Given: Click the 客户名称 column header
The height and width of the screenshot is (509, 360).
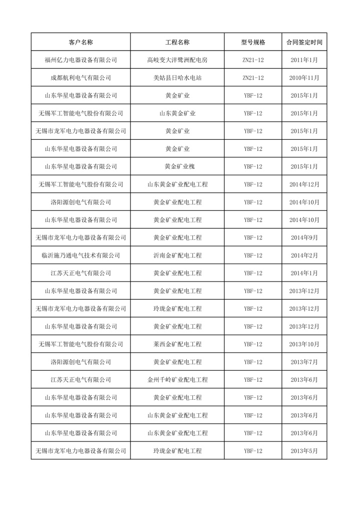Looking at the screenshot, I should [81, 42].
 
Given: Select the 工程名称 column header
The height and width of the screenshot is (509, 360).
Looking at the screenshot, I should [177, 42].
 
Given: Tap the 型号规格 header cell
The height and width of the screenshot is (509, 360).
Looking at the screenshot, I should [253, 42].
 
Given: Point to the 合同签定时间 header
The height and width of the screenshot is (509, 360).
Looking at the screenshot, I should [304, 42].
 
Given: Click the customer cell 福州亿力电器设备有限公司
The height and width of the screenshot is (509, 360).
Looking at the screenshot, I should [81, 60].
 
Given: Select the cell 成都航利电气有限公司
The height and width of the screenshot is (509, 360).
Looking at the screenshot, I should [81, 78].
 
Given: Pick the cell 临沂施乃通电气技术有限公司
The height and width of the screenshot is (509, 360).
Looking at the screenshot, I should [81, 256].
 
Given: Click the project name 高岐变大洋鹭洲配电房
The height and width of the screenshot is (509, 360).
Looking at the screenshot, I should [177, 60].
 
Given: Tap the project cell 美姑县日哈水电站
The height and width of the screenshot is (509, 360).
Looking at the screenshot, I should [177, 78].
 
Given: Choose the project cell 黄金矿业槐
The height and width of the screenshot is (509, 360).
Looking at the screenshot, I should [177, 166].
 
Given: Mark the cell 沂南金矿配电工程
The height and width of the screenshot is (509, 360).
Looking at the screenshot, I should [177, 256].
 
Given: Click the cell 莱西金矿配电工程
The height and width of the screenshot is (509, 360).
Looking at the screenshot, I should [177, 344].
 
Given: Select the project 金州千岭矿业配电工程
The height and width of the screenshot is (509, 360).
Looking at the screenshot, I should [177, 380].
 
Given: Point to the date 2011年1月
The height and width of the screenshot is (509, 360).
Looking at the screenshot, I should [304, 60].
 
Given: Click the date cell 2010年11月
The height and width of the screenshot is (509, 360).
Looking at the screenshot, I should [304, 78].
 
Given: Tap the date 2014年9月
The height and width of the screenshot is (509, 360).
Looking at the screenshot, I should [304, 237].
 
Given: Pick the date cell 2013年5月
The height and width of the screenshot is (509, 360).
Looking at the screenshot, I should [304, 451].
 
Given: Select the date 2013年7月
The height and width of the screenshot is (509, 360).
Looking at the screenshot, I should [304, 362].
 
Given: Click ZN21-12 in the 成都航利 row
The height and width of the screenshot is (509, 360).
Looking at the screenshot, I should [253, 78].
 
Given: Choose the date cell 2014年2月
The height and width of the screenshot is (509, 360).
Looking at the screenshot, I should [304, 256].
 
